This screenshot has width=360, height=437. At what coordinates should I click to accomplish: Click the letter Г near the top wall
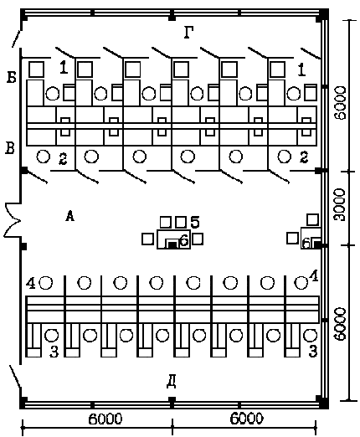point(189,33)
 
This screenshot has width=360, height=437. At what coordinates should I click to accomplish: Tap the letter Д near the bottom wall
point(172,382)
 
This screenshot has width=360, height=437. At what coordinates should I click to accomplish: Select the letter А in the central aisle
point(69,216)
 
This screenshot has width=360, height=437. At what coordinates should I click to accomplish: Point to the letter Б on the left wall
point(12,77)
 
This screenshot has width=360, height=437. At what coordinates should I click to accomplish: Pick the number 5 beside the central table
point(195,222)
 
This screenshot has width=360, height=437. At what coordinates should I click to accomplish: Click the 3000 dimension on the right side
point(340,205)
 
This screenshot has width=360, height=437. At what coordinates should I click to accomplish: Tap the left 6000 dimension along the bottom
point(105,419)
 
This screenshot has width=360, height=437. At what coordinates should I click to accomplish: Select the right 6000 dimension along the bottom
point(246,419)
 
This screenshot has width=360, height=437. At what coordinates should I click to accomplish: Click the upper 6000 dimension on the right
point(340,103)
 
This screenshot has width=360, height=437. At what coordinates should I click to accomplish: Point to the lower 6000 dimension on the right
point(340,325)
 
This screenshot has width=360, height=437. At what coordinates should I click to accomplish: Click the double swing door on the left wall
point(12,220)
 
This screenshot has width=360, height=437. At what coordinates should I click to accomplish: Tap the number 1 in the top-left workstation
point(64,68)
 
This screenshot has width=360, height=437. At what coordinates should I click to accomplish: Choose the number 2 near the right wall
point(304,157)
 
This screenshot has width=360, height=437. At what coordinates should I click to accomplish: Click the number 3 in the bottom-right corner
point(313,351)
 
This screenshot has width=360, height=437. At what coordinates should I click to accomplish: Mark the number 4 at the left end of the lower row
point(30,284)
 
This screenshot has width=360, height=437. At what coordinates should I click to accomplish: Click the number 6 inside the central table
point(184,240)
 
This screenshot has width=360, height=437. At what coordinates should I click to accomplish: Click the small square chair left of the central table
point(147,239)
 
